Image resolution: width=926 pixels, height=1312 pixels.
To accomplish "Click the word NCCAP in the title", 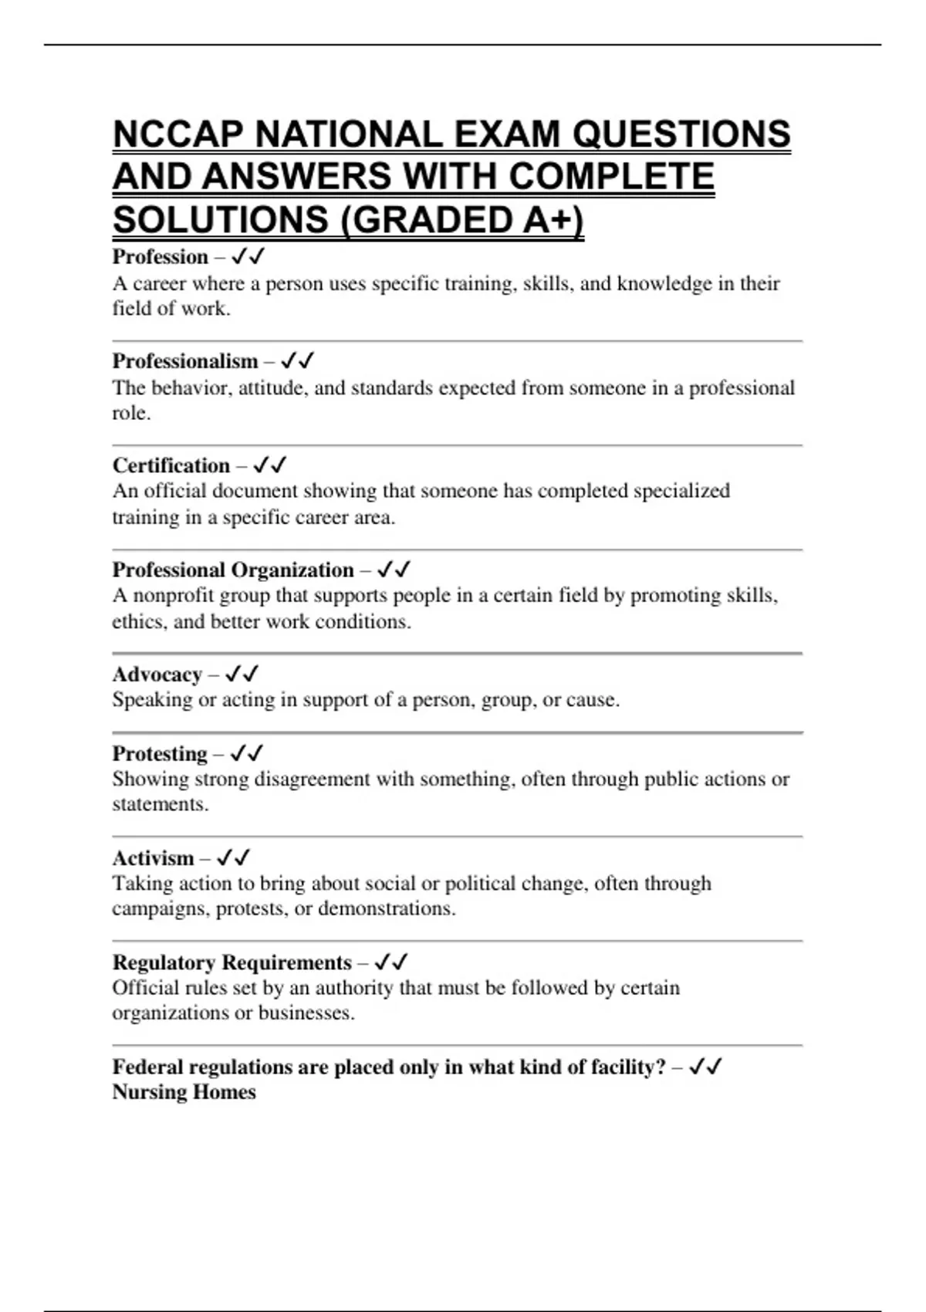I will coord(178,135).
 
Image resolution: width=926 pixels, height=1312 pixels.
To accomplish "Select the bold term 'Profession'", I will coord(161,257).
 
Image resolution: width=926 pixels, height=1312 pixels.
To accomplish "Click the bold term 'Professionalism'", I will coord(185,361).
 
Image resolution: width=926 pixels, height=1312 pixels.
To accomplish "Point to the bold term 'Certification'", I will coord(171,466).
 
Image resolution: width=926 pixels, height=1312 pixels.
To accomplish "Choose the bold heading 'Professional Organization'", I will coord(233,570).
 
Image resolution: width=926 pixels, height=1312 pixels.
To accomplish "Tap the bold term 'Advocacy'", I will coord(157,675).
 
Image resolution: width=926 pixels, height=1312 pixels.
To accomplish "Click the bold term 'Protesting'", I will coord(160,753).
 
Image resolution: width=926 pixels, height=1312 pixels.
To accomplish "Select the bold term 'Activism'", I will coord(153,858).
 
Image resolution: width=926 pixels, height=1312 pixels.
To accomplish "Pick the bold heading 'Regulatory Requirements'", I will coord(231,962).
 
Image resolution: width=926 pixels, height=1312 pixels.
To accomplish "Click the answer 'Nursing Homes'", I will coord(184,1092).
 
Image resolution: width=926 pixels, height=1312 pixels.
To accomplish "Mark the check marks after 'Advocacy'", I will coord(242,675).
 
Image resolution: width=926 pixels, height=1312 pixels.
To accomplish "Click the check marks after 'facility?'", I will coord(705,1067).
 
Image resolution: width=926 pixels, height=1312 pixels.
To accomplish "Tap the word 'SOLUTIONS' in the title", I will coord(221,220).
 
